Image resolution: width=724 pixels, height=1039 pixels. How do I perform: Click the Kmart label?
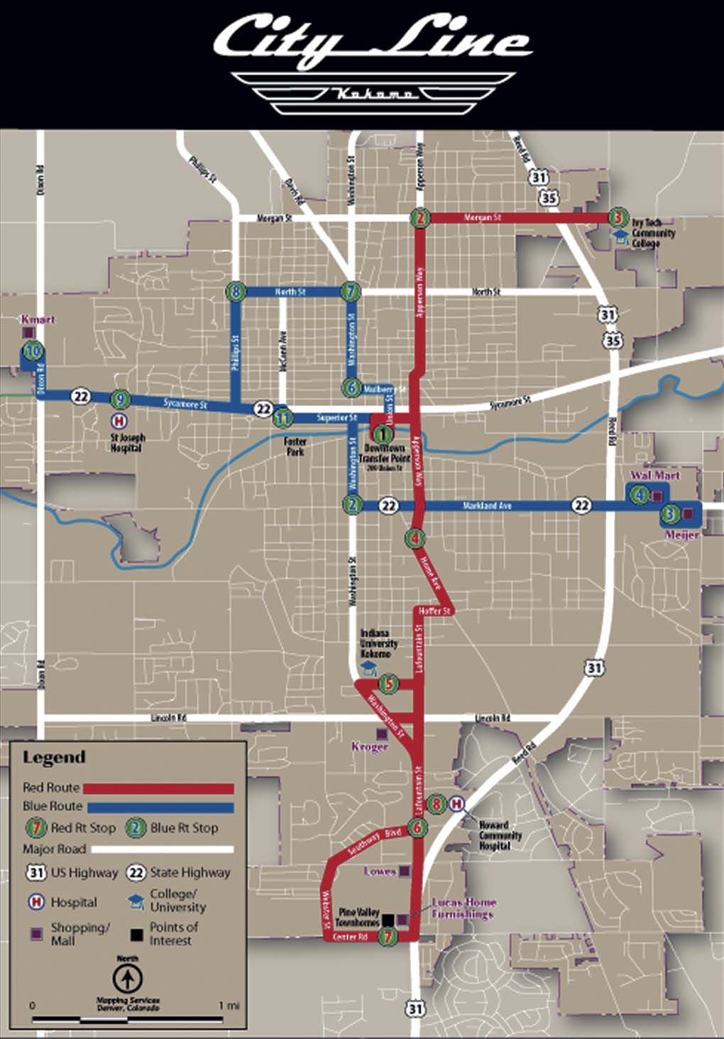(38, 320)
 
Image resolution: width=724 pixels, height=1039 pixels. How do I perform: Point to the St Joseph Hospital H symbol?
(120, 421)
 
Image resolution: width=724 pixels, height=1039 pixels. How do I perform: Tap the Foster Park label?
(295, 446)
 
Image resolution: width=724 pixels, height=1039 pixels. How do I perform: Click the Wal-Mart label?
(655, 475)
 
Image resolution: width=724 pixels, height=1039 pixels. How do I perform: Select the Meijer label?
(681, 535)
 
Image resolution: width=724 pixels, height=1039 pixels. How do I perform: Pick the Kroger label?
(370, 747)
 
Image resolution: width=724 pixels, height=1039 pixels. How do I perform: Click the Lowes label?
(379, 871)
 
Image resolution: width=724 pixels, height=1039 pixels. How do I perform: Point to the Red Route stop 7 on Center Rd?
(387, 937)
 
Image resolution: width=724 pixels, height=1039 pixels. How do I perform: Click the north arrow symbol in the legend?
(128, 979)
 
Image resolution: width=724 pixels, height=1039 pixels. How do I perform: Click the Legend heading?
(54, 758)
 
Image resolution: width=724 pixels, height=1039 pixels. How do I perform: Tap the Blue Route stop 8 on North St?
(237, 291)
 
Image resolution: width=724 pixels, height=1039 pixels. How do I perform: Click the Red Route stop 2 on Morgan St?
(421, 217)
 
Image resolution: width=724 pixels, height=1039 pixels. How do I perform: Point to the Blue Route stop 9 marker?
(121, 399)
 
